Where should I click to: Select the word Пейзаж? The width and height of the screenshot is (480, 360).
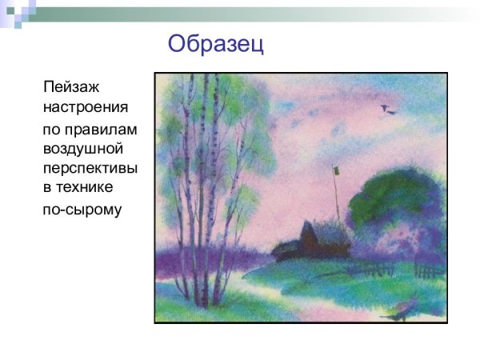pos(72,86)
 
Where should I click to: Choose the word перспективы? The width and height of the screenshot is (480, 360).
pos(90,169)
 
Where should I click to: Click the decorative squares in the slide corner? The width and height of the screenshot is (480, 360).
pos(18,12)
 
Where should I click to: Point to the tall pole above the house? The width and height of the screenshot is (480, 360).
pos(336,196)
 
